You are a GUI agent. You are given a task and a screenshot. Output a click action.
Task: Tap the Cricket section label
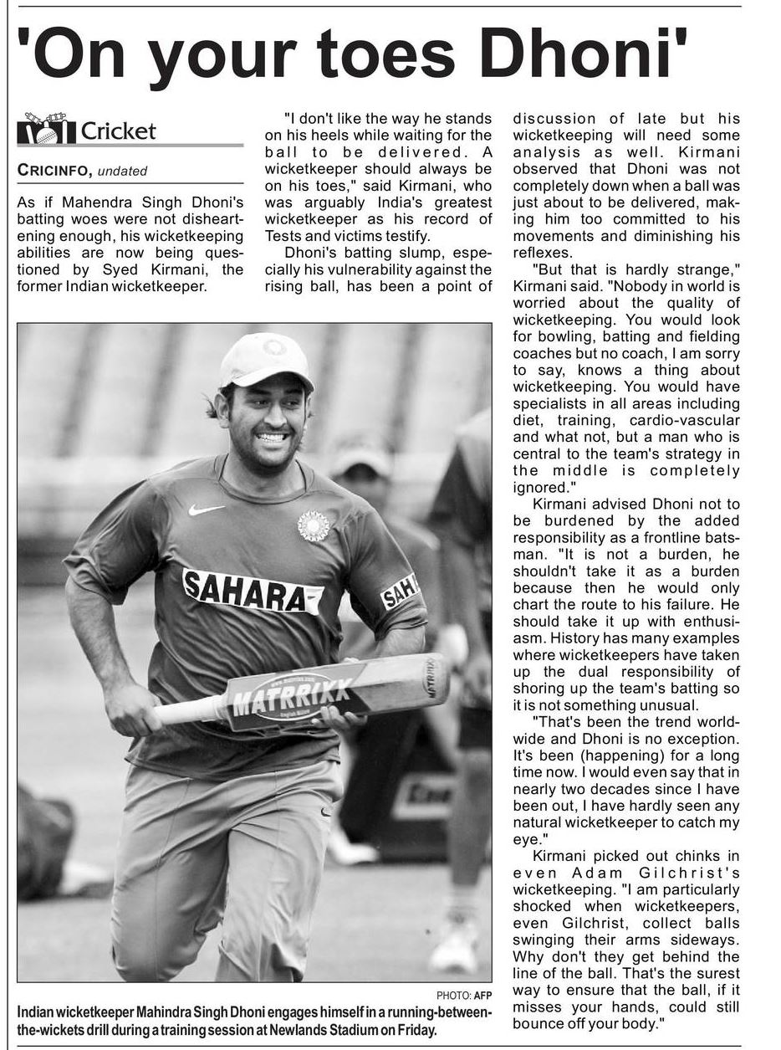(118, 131)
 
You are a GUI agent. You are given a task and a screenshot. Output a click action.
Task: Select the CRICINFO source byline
(54, 171)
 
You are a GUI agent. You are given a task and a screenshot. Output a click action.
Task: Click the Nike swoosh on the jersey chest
(206, 510)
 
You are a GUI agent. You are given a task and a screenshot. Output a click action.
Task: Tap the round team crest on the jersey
(313, 525)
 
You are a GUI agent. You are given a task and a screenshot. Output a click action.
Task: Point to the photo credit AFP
(482, 996)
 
